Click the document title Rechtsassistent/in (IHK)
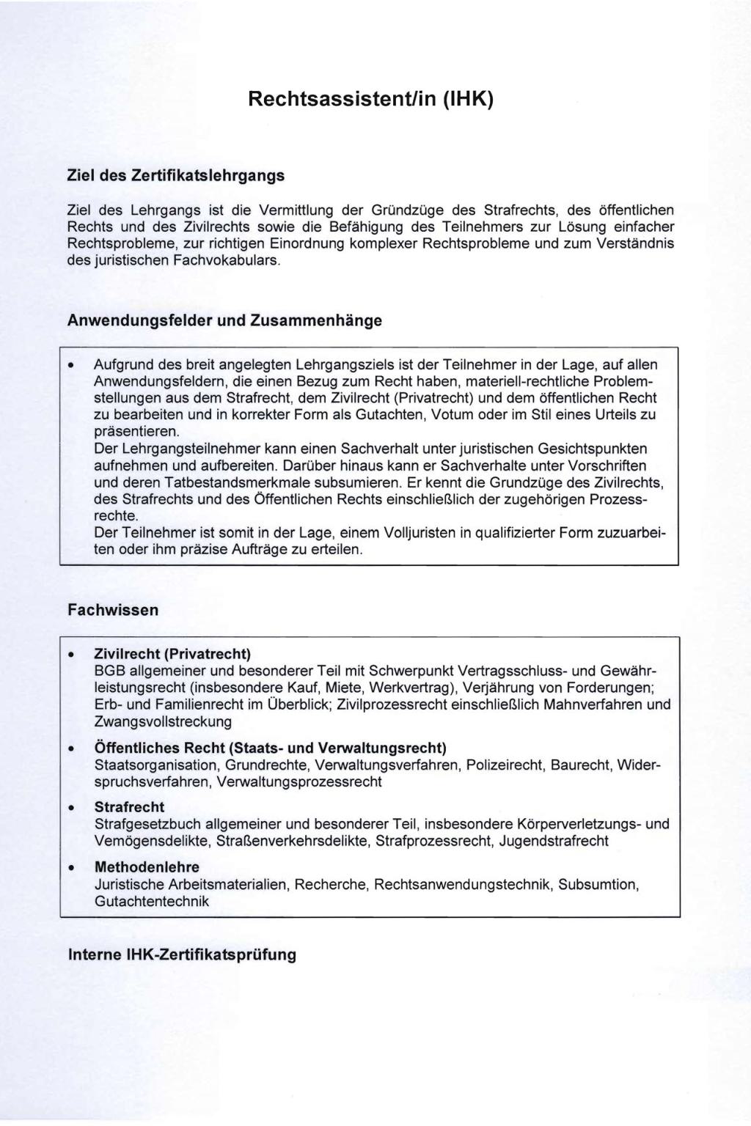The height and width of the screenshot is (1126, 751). tap(370, 98)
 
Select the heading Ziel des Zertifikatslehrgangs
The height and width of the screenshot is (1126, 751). tap(175, 176)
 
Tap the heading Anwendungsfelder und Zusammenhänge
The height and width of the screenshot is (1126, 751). tap(224, 321)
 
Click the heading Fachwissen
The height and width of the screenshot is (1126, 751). tap(113, 610)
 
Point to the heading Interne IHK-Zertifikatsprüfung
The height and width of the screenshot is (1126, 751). tap(182, 954)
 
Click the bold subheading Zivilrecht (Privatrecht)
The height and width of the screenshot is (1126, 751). tap(172, 653)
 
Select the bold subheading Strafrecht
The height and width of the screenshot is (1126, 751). tap(129, 807)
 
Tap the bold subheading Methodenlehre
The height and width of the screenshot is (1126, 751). tap(147, 867)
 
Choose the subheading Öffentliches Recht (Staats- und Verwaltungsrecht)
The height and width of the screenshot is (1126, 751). tap(270, 748)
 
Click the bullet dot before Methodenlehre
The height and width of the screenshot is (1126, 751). tap(71, 868)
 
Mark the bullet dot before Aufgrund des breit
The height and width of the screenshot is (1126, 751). tap(71, 365)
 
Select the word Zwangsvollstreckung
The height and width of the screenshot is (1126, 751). tap(163, 721)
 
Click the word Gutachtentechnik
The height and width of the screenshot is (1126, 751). tap(152, 901)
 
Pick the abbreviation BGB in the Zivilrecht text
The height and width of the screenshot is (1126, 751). tap(111, 671)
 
